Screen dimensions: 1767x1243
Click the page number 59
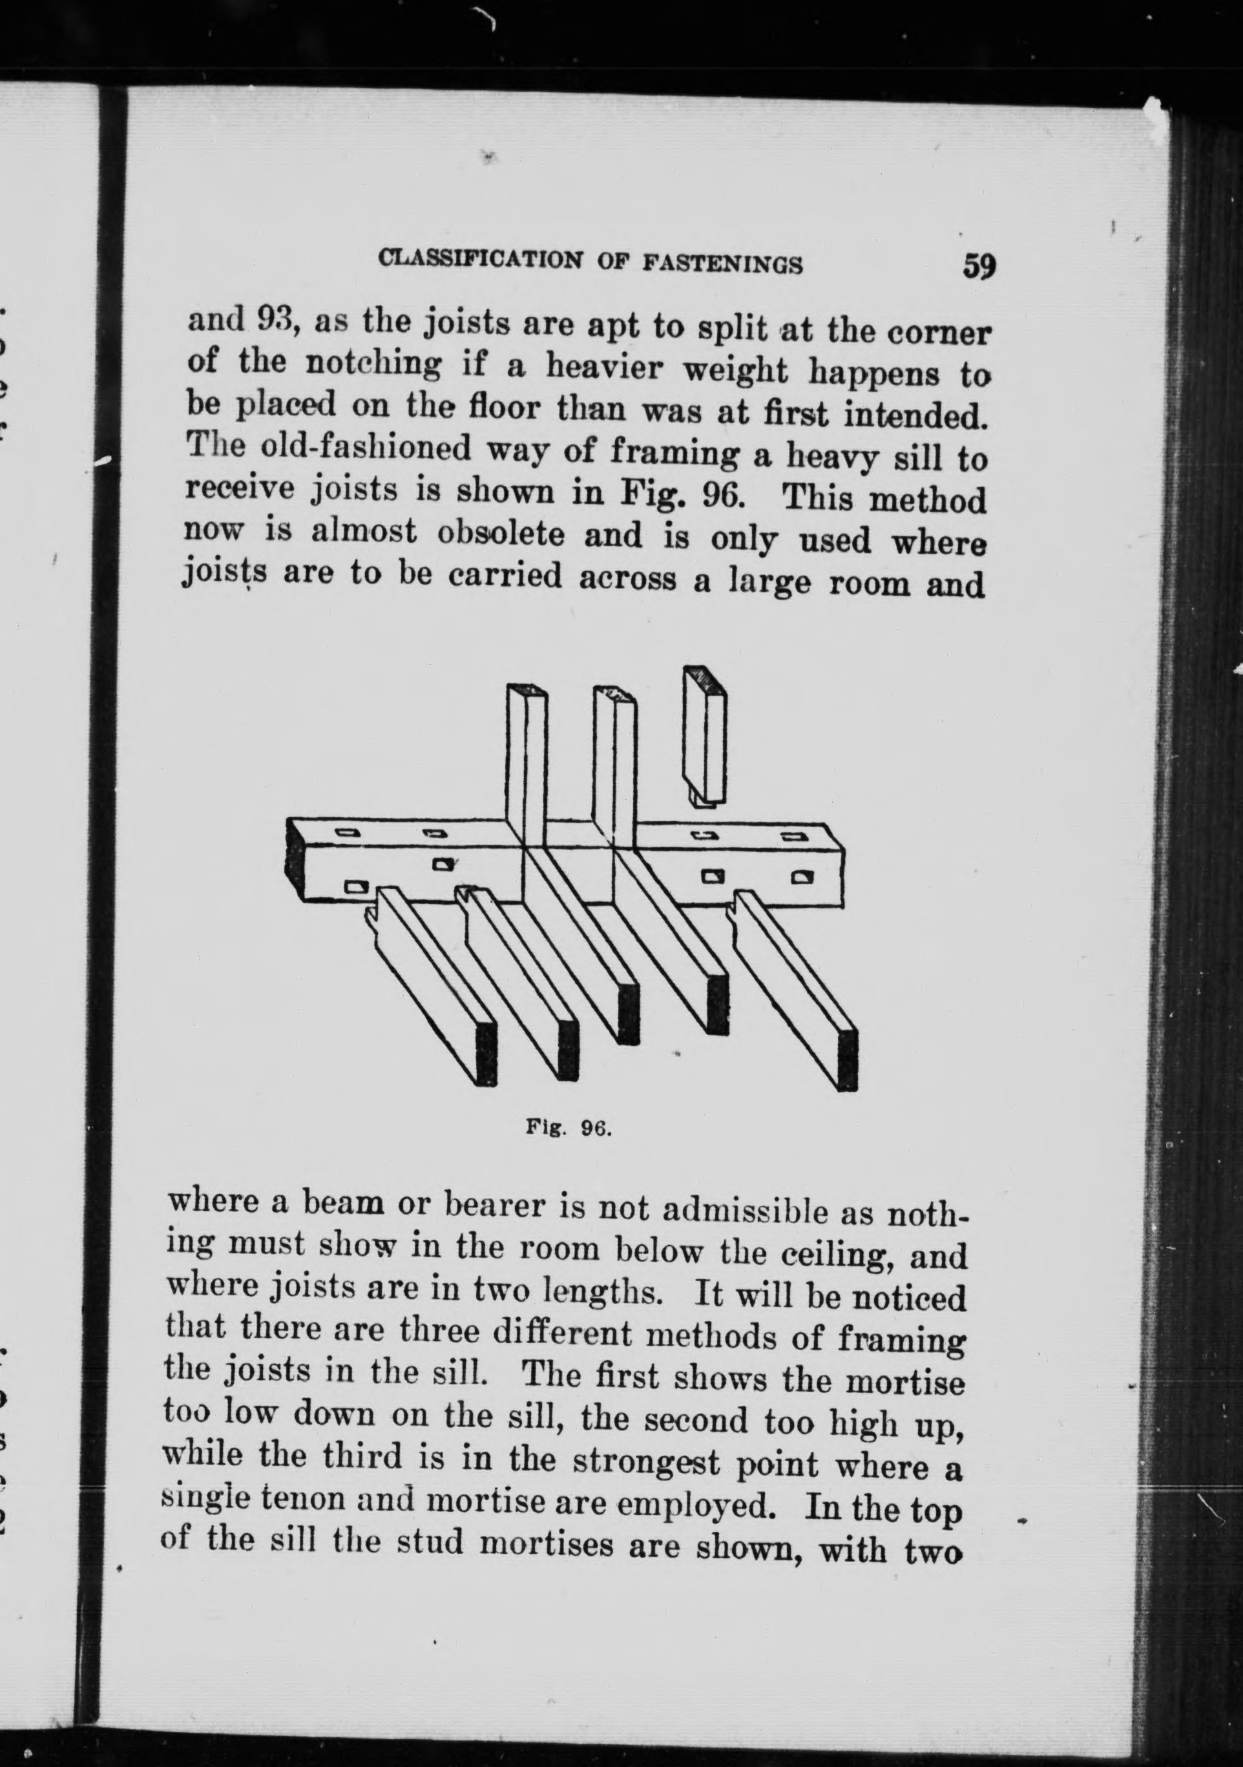tap(977, 266)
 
